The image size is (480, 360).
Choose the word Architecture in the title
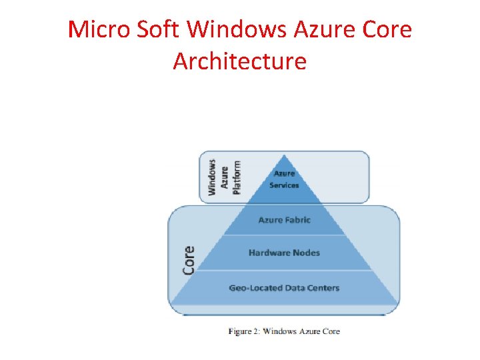[240, 61]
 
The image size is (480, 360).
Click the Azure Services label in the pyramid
[284, 179]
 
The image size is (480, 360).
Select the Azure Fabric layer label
[284, 220]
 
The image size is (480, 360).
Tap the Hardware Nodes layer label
[284, 253]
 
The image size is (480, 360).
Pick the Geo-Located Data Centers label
[284, 288]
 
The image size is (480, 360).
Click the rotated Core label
[189, 260]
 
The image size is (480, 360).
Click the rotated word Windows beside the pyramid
[212, 177]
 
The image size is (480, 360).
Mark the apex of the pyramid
[285, 155]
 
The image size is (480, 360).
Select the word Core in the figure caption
[331, 331]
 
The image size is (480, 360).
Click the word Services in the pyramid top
[284, 185]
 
